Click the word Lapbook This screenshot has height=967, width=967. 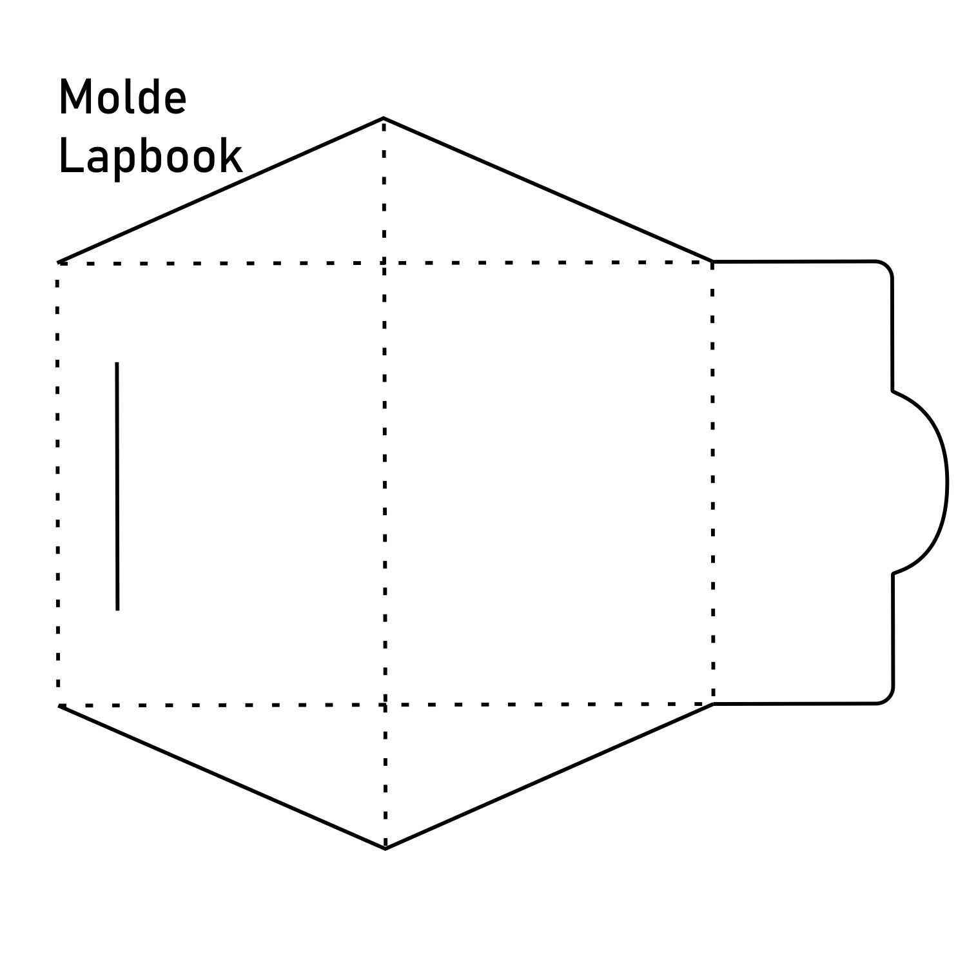(x=150, y=156)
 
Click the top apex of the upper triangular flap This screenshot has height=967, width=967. (x=384, y=118)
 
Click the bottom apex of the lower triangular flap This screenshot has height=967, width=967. (x=385, y=849)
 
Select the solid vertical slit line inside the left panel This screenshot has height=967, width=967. (x=117, y=486)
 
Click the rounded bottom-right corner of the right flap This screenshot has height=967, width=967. (x=888, y=699)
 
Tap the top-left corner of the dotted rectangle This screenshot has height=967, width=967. (x=58, y=263)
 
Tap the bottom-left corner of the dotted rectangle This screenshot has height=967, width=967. (x=58, y=705)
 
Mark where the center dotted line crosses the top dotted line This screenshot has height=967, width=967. (x=384, y=262)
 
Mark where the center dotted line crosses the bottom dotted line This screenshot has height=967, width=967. (x=385, y=705)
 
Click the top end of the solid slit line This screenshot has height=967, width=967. (x=117, y=363)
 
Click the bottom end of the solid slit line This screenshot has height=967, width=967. (x=117, y=609)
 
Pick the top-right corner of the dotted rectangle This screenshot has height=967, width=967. (x=712, y=262)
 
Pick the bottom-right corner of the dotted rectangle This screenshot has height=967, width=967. (x=713, y=704)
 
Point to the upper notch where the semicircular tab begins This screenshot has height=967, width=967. (x=893, y=391)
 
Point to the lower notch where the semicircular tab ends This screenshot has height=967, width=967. (x=894, y=573)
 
